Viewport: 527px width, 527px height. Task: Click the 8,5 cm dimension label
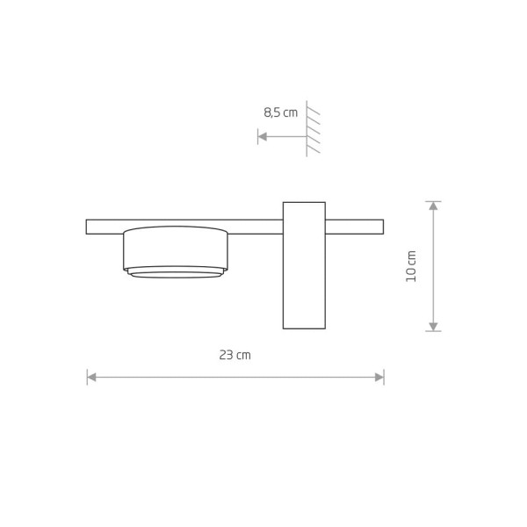[280, 112]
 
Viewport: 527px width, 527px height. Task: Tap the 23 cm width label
[235, 355]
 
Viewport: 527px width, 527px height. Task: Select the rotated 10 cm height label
[411, 265]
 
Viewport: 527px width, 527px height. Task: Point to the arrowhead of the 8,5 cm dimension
[262, 136]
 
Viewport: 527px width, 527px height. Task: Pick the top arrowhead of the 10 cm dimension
[432, 207]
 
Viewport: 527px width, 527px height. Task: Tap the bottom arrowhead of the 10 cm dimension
[432, 326]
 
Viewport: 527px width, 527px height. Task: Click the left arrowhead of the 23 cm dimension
[92, 377]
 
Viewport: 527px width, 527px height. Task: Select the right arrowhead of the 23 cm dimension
[379, 377]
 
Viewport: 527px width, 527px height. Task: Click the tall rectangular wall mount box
[304, 265]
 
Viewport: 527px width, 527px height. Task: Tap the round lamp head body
[176, 248]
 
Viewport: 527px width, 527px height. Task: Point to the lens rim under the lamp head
[176, 272]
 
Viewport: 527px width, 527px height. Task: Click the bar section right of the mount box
[354, 227]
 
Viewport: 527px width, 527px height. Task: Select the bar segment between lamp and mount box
[255, 227]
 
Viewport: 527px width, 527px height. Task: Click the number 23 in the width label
[226, 355]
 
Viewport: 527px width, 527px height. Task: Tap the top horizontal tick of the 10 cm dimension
[432, 202]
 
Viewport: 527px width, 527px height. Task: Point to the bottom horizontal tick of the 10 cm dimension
[432, 331]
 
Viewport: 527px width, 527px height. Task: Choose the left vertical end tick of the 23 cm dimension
[87, 377]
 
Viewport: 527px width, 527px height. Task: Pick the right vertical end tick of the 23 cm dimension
[384, 377]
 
